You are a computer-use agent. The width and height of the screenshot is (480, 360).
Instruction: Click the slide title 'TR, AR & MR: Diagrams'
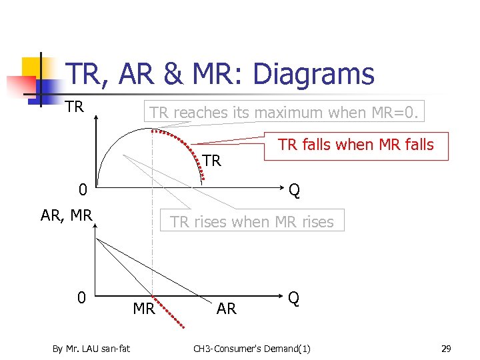(x=221, y=74)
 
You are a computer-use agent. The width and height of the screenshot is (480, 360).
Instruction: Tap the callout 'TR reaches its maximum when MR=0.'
(x=285, y=113)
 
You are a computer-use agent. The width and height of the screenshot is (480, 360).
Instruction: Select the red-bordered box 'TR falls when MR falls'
(x=355, y=145)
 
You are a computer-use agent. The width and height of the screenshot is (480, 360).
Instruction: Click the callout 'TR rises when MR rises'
(x=252, y=221)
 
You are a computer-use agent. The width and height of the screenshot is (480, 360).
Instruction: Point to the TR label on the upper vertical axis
(x=75, y=107)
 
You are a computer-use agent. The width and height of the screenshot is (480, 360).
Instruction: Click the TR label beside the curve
(x=211, y=161)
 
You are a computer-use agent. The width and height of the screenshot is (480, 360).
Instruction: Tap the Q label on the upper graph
(x=294, y=191)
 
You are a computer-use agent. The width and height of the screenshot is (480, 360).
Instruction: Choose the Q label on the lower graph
(x=294, y=297)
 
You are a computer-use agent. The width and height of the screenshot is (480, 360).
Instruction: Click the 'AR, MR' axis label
(x=66, y=215)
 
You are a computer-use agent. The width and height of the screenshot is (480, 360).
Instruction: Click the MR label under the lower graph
(x=144, y=309)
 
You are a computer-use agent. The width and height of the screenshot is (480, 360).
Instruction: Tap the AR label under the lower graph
(x=227, y=309)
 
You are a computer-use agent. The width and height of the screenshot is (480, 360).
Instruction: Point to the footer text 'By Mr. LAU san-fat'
(x=91, y=348)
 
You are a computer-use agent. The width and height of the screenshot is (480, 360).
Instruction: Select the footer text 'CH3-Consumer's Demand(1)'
(x=251, y=348)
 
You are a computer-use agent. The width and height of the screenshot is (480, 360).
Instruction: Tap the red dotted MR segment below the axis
(x=168, y=311)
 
